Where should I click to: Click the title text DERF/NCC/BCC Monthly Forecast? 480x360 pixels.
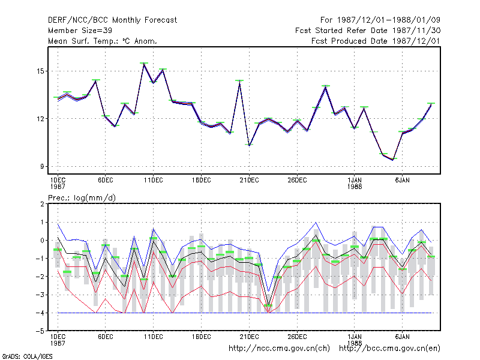pos(112,20)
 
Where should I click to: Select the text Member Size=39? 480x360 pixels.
pos(80,31)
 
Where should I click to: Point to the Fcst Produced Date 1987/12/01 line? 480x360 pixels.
pos(376,41)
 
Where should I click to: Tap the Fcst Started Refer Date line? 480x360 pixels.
pos(368,31)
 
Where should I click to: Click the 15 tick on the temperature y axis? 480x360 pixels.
pos(40,71)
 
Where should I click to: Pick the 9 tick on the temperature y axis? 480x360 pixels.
pos(42,167)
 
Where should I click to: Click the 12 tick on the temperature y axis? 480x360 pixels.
pos(40,119)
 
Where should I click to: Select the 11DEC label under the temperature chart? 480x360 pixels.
pos(154,181)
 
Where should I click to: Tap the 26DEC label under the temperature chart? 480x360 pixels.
pos(297,181)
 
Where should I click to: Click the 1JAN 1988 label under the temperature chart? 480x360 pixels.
pos(355,183)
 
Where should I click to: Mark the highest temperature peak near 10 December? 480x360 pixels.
pos(144,64)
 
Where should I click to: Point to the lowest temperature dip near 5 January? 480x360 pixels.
pos(393,160)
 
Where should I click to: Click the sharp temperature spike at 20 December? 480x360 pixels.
pos(239,81)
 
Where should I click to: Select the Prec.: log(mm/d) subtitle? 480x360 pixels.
pos(82,198)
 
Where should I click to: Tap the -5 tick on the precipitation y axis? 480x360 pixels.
pos(40,331)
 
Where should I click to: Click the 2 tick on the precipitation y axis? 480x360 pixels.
pos(42,204)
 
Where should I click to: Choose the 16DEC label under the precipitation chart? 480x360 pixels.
pos(201,337)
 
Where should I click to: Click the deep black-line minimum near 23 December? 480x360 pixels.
pos(268,304)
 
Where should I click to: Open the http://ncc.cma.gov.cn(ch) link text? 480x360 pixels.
pos(279,349)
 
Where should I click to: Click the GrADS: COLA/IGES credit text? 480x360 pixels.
pos(27,356)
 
